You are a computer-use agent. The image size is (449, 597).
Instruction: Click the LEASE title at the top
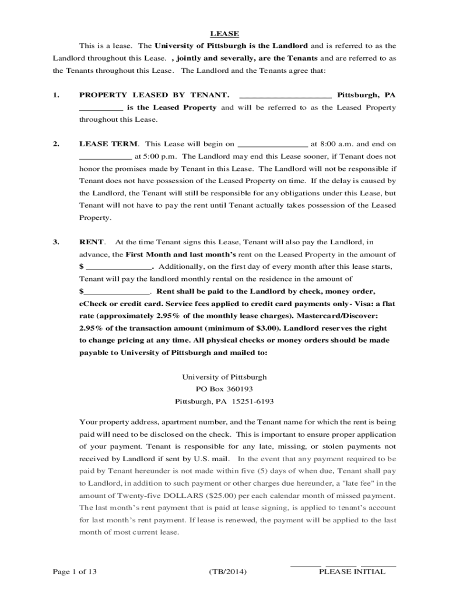coord(224,34)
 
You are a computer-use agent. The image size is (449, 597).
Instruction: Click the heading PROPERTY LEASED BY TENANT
coord(154,95)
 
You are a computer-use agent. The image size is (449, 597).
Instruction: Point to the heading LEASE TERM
coord(109,144)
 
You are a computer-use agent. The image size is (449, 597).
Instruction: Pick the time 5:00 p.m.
coord(148,156)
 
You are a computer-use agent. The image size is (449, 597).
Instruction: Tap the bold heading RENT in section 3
coord(92,242)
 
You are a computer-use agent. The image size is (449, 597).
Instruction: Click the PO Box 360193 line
coord(224,389)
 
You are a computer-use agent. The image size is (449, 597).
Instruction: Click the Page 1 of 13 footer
coord(75,572)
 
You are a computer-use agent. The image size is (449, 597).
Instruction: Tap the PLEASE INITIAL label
coord(352,572)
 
